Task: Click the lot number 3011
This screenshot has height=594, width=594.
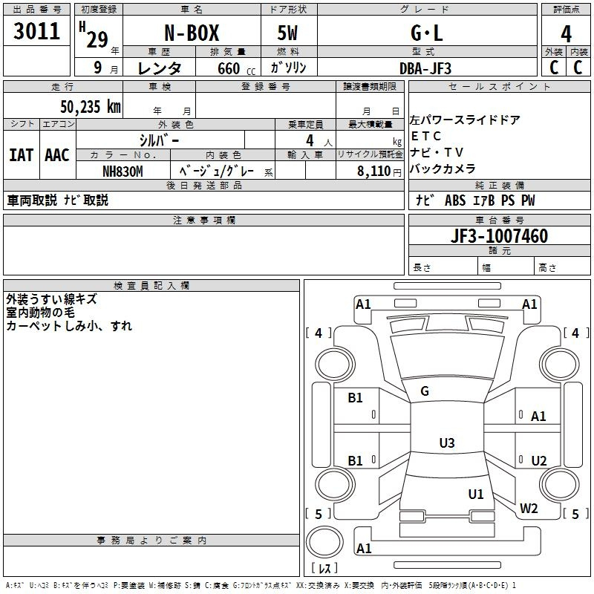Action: click(37, 32)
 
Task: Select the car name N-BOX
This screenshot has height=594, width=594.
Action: click(192, 34)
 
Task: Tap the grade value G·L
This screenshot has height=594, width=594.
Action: click(427, 34)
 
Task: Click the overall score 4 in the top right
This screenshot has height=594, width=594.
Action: click(566, 34)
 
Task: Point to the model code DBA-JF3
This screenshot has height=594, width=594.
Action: click(425, 68)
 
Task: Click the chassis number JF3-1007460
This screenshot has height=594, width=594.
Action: click(500, 236)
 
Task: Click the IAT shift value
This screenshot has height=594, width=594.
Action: click(21, 154)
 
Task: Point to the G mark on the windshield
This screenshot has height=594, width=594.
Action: click(425, 391)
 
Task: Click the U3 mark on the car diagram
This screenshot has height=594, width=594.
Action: click(446, 443)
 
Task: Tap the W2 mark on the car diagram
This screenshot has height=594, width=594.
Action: click(529, 509)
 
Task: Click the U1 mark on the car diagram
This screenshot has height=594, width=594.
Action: click(476, 494)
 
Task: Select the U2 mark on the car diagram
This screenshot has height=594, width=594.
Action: click(539, 461)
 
